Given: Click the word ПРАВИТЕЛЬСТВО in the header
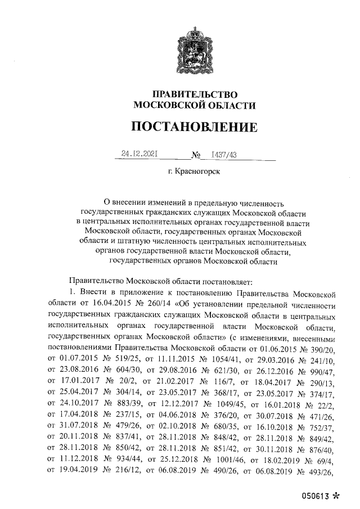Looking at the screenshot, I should point(193,94).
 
